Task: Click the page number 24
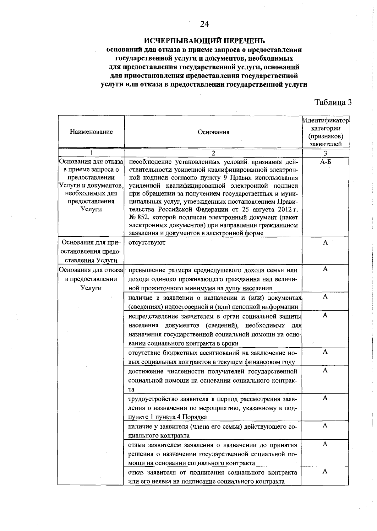pyautogui.click(x=204, y=24)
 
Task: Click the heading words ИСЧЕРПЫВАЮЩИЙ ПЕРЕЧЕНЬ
pyautogui.click(x=204, y=41)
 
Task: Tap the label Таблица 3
pyautogui.click(x=333, y=103)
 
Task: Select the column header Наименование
pyautogui.click(x=91, y=132)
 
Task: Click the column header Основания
pyautogui.click(x=213, y=132)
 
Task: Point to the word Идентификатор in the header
pyautogui.click(x=326, y=121)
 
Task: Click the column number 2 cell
pyautogui.click(x=213, y=153)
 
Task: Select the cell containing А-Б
pyautogui.click(x=325, y=162)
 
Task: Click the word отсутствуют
pyautogui.click(x=147, y=243)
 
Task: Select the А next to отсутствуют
pyautogui.click(x=325, y=243)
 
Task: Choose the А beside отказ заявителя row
pyautogui.click(x=325, y=472)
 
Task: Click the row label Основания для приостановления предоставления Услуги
pyautogui.click(x=91, y=251)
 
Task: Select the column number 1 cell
pyautogui.click(x=91, y=153)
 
